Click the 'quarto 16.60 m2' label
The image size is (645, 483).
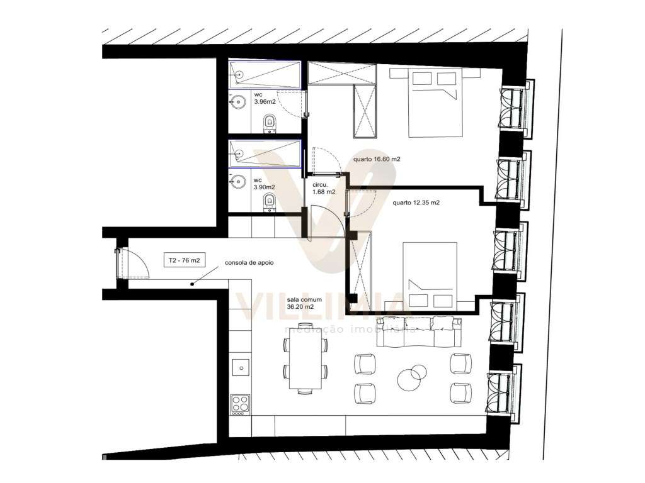[377, 159]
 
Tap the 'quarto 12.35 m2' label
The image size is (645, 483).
[415, 203]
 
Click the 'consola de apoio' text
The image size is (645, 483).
[249, 264]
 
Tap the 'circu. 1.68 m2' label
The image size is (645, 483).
[324, 188]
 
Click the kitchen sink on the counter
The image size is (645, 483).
[239, 365]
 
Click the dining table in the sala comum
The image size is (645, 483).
[306, 364]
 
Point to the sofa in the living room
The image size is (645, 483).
[420, 331]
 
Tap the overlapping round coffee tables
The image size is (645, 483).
[411, 377]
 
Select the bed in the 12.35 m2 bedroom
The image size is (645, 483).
[430, 276]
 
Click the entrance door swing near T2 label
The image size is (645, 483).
[133, 262]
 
